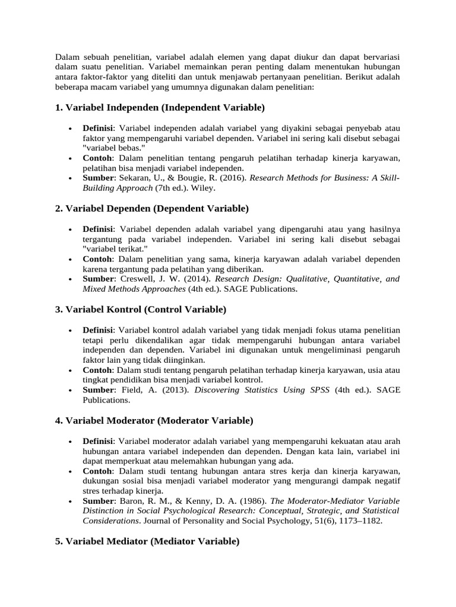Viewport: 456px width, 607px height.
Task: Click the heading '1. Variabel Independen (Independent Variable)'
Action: [x=160, y=108]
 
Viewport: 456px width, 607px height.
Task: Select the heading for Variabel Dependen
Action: [x=152, y=209]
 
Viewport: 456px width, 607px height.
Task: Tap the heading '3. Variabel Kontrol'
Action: [x=140, y=309]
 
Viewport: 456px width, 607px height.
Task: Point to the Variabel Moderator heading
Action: [x=154, y=421]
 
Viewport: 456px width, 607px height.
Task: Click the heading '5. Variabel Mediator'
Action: [x=147, y=542]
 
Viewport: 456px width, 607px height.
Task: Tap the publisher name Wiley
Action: [x=204, y=188]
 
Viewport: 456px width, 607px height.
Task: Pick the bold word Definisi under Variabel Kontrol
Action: [x=98, y=330]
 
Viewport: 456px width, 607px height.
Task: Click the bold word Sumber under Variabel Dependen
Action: [x=98, y=279]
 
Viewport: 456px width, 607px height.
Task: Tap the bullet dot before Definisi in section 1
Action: [x=71, y=128]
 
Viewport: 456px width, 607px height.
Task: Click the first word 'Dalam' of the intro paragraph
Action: [x=67, y=57]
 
